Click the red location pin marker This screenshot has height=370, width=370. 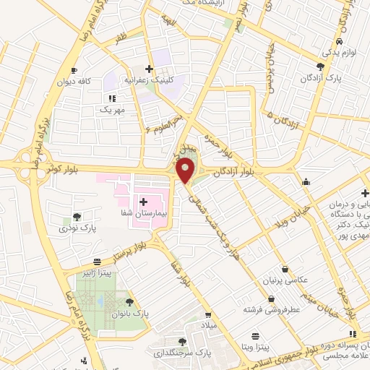[x=186, y=171]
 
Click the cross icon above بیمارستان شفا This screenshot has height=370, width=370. [x=142, y=202]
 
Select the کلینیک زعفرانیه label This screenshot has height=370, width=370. [x=153, y=82]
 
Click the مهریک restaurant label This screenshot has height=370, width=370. [x=113, y=110]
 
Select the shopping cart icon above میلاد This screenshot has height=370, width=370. [x=210, y=315]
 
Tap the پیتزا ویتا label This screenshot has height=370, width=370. [x=254, y=348]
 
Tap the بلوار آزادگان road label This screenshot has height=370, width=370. [x=231, y=171]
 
